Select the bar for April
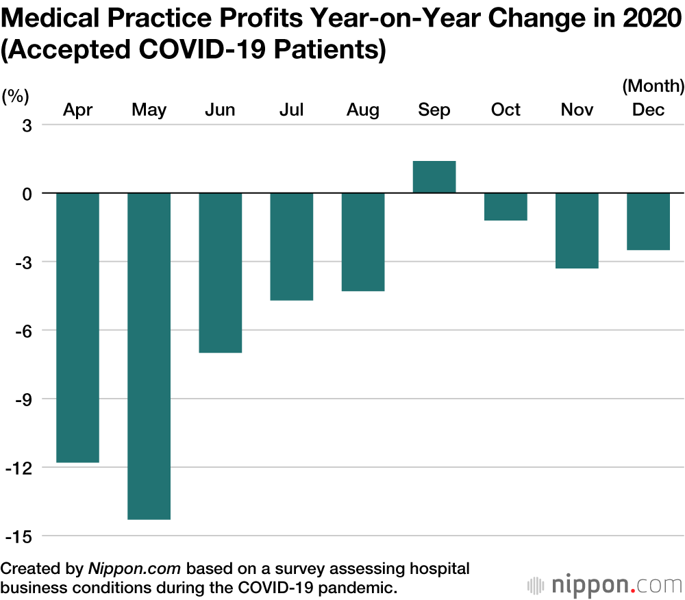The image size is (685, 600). click(x=77, y=327)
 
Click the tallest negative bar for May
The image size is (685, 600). click(x=149, y=356)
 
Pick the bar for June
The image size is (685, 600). click(x=220, y=273)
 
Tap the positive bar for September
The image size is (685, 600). click(x=434, y=177)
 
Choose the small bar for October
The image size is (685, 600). click(x=506, y=207)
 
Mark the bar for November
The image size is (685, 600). click(x=577, y=230)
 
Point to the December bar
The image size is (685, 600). click(x=648, y=221)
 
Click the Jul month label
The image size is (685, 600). click(x=291, y=110)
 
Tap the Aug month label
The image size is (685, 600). click(x=362, y=110)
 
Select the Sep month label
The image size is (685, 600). click(x=434, y=110)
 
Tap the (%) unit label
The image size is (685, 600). click(x=16, y=96)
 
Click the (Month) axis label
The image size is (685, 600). click(x=653, y=86)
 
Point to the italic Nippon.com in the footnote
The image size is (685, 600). click(x=134, y=568)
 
